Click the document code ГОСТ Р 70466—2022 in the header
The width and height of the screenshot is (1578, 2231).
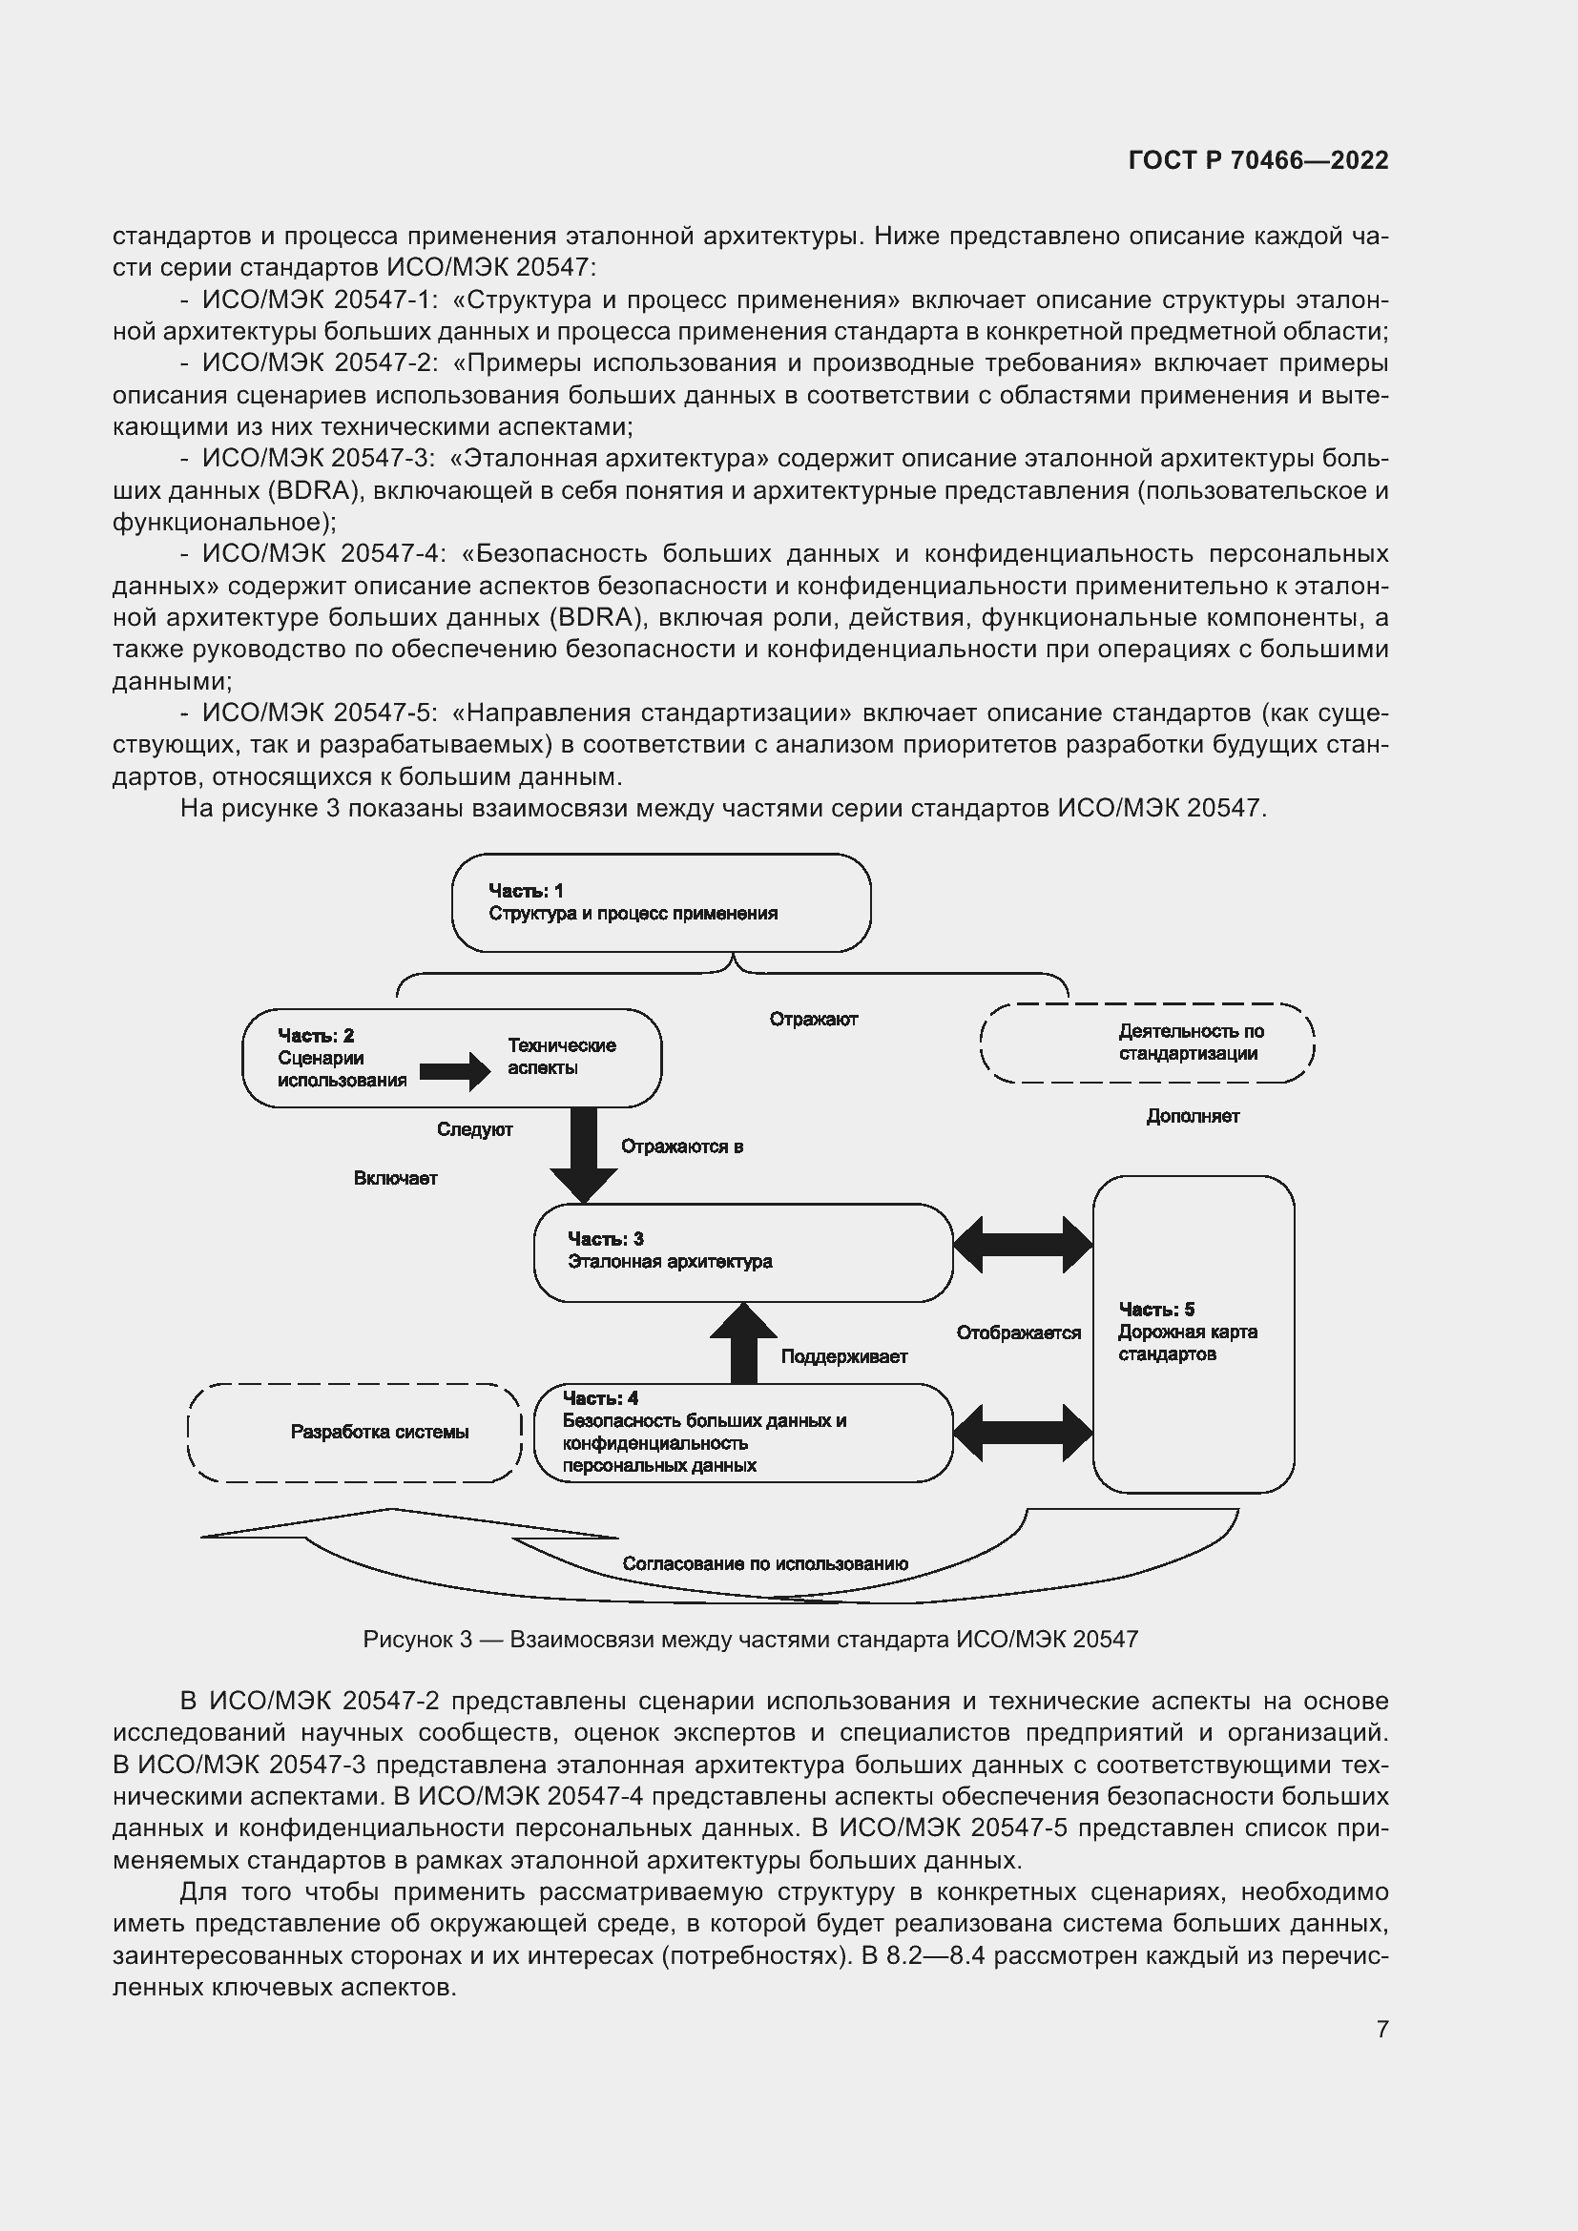pyautogui.click(x=1258, y=160)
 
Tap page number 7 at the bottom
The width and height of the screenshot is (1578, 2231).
pyautogui.click(x=1381, y=2029)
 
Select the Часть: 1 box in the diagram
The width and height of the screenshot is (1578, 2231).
pyautogui.click(x=661, y=902)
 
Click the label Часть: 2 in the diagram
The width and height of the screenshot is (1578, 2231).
pyautogui.click(x=316, y=1036)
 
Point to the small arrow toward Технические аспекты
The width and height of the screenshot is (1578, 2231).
pyautogui.click(x=455, y=1072)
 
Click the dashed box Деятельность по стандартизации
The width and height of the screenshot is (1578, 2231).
pyautogui.click(x=1148, y=1043)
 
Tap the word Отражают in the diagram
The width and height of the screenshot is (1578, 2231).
pyautogui.click(x=813, y=1020)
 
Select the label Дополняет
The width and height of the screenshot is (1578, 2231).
pyautogui.click(x=1193, y=1117)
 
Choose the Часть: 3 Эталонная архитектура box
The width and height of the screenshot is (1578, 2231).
pyautogui.click(x=742, y=1252)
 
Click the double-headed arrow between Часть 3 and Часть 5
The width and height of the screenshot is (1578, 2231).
pyautogui.click(x=1023, y=1245)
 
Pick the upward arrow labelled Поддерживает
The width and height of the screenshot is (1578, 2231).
pyautogui.click(x=743, y=1344)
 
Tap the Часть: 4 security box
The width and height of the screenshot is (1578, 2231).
pyautogui.click(x=742, y=1434)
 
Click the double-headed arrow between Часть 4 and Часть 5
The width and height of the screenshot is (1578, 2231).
pyautogui.click(x=1023, y=1433)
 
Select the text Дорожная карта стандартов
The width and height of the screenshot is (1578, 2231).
pyautogui.click(x=1187, y=1343)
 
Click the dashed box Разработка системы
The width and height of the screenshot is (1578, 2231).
pyautogui.click(x=355, y=1433)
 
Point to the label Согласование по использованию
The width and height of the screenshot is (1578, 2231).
pyautogui.click(x=765, y=1563)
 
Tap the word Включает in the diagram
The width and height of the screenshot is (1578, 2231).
pyautogui.click(x=396, y=1179)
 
